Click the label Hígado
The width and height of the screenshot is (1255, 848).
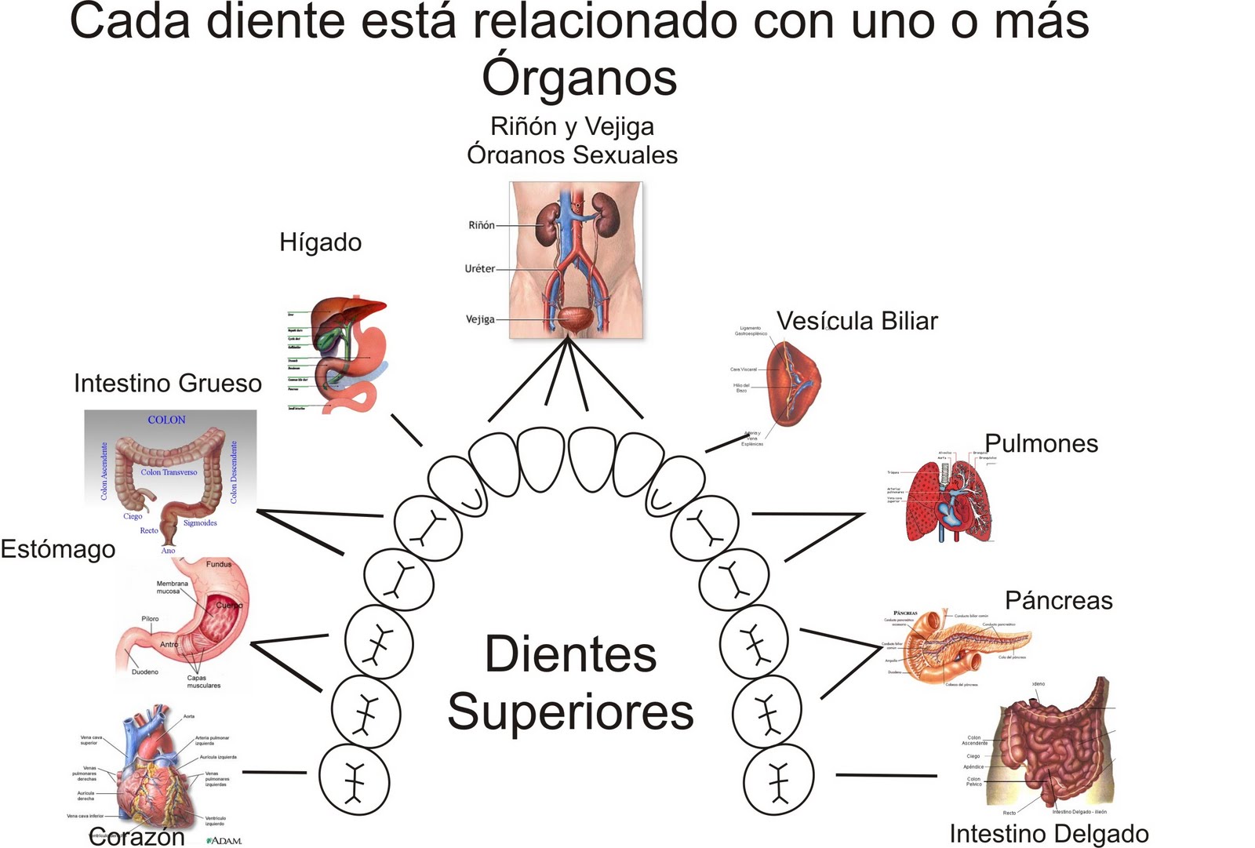[320, 242]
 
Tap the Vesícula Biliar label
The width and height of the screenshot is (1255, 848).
[857, 321]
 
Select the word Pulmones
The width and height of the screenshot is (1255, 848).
[1041, 443]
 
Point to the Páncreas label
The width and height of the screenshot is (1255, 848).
[1058, 601]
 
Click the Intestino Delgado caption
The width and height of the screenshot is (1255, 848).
[1049, 833]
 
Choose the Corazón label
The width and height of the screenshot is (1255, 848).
[136, 836]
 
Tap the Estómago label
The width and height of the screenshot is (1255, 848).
[58, 549]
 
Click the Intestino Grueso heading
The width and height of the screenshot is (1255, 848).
[168, 383]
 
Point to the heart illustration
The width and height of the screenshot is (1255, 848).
[153, 773]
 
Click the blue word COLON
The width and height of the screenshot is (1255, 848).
[167, 420]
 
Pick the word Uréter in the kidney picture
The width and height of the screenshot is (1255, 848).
[479, 268]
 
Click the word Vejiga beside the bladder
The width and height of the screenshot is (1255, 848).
[480, 319]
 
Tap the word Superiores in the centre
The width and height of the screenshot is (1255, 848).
[570, 712]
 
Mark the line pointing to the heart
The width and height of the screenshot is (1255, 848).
[274, 772]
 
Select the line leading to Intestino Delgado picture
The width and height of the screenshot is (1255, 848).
[886, 775]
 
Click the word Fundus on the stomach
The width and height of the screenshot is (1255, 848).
[219, 564]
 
